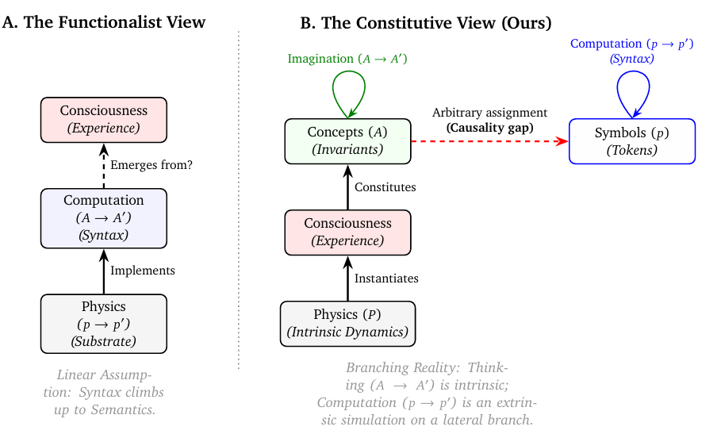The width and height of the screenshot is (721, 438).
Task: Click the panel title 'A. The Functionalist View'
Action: click(x=104, y=22)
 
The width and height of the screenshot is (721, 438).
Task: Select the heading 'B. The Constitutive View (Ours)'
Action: click(x=425, y=23)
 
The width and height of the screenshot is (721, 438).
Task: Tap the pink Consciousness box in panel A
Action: click(x=104, y=119)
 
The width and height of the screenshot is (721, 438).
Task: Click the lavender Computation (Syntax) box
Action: click(x=104, y=217)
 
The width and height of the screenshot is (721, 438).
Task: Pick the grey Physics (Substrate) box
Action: click(x=104, y=323)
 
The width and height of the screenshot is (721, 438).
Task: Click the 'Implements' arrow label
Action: click(x=143, y=271)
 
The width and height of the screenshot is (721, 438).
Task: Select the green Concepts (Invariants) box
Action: click(x=347, y=140)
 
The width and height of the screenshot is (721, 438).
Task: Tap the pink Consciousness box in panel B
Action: click(x=347, y=232)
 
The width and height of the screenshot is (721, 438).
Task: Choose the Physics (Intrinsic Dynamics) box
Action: click(x=347, y=323)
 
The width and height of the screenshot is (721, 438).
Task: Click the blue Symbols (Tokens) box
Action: click(x=632, y=140)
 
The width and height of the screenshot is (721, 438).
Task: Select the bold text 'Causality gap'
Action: click(x=489, y=127)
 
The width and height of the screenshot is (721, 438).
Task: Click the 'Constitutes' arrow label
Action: click(x=385, y=187)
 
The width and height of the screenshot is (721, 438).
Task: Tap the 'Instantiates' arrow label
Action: click(x=386, y=279)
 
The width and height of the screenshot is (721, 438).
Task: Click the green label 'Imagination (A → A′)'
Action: click(x=347, y=59)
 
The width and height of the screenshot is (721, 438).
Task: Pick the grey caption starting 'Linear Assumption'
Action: click(x=104, y=392)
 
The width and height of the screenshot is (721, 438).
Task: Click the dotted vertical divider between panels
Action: click(x=239, y=198)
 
